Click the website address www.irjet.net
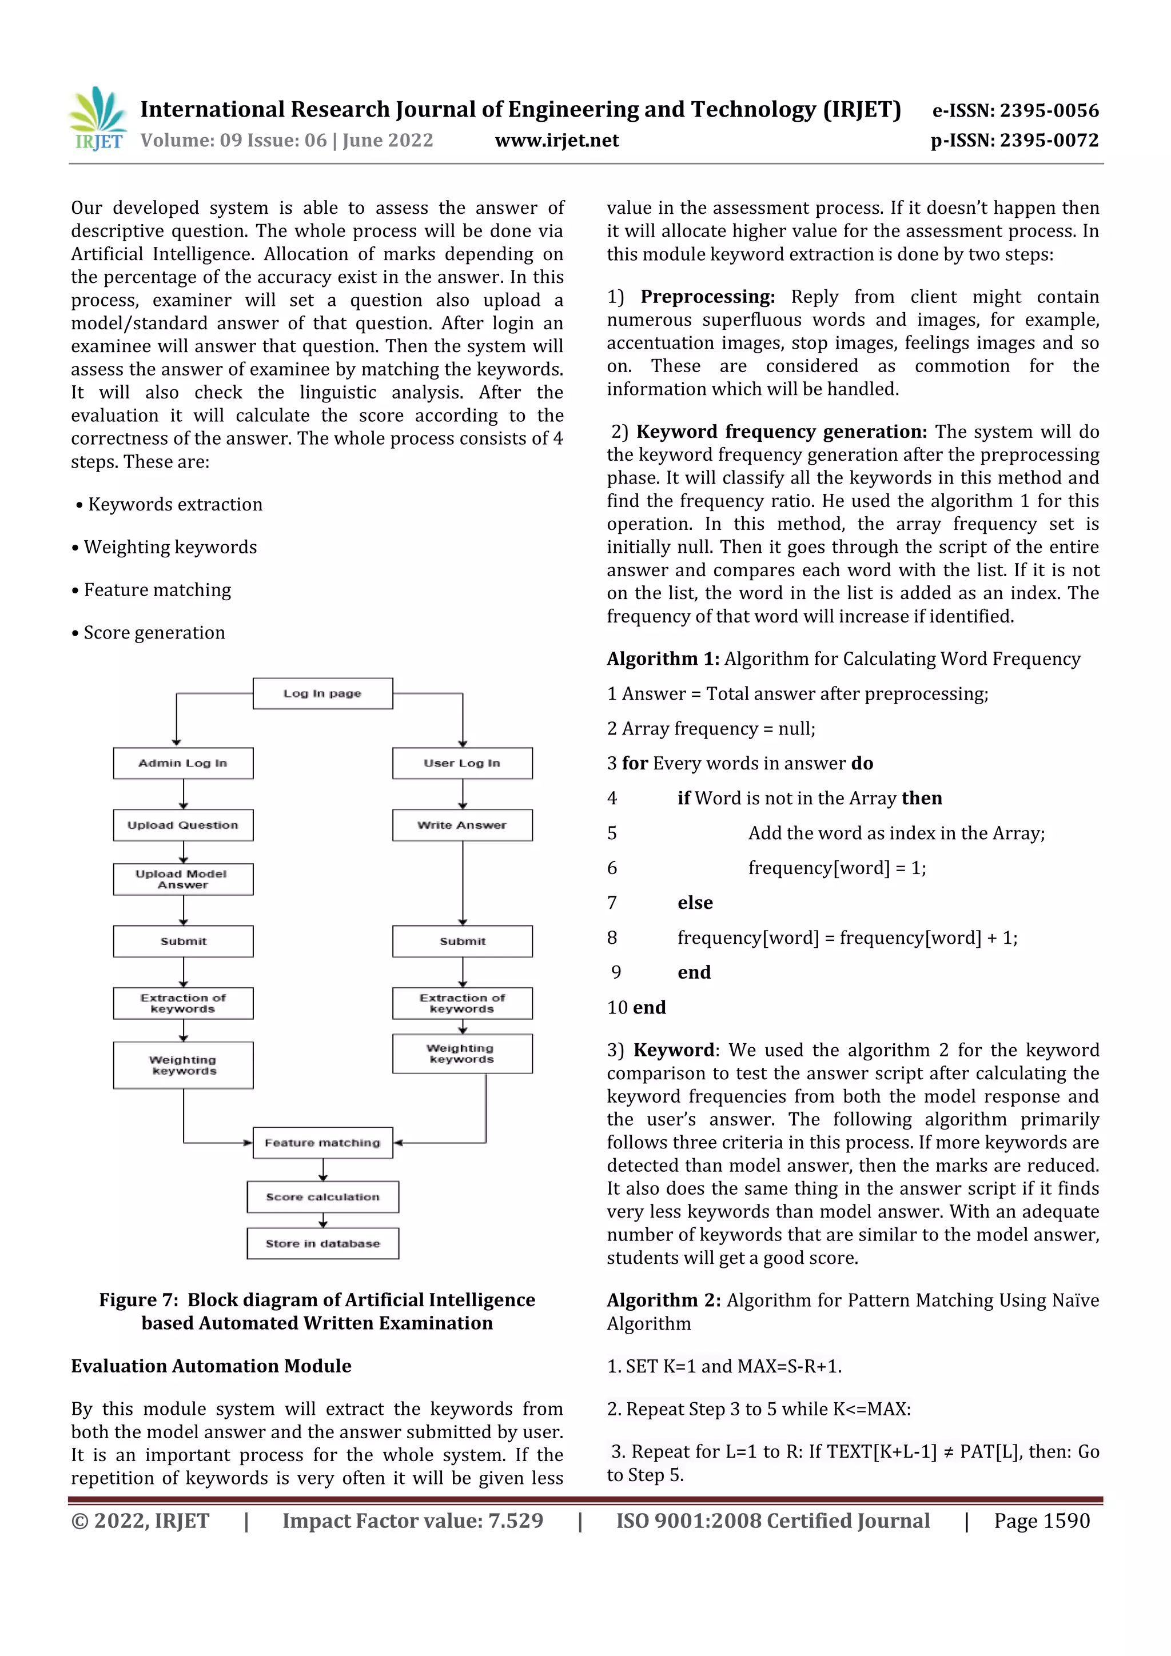(x=556, y=141)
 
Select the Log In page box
(x=322, y=694)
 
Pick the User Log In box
(x=462, y=763)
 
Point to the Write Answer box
(x=462, y=825)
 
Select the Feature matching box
(x=322, y=1143)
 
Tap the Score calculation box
(x=322, y=1196)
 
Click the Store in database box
(x=322, y=1243)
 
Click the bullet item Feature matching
(x=157, y=590)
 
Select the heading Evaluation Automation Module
(x=210, y=1366)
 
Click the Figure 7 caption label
(x=138, y=1300)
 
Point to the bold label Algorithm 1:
(x=662, y=659)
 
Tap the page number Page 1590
(x=1041, y=1521)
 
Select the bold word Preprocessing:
(x=707, y=297)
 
